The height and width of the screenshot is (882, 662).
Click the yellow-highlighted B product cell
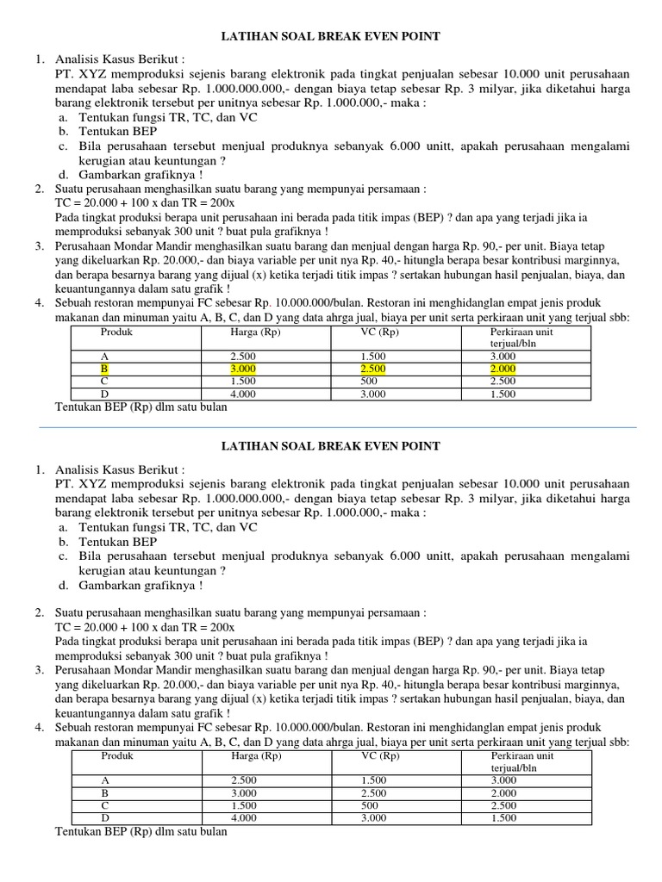(104, 369)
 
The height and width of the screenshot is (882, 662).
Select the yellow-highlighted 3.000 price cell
(244, 369)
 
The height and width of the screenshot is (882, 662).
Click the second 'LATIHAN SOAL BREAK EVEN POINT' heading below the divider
(331, 446)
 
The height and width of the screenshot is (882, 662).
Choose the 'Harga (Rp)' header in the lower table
(257, 756)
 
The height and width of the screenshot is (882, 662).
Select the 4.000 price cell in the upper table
(244, 394)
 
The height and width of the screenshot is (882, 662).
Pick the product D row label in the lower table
(104, 818)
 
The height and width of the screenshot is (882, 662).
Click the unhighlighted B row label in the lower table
(104, 792)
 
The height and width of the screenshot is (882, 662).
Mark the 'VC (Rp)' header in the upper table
(379, 332)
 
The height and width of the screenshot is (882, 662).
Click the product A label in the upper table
(104, 356)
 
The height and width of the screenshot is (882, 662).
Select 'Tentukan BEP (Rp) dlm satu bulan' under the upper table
(141, 407)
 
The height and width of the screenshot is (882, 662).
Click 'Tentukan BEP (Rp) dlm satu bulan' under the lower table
(141, 832)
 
